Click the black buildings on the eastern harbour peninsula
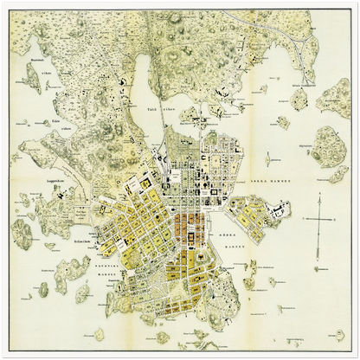[279, 210]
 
